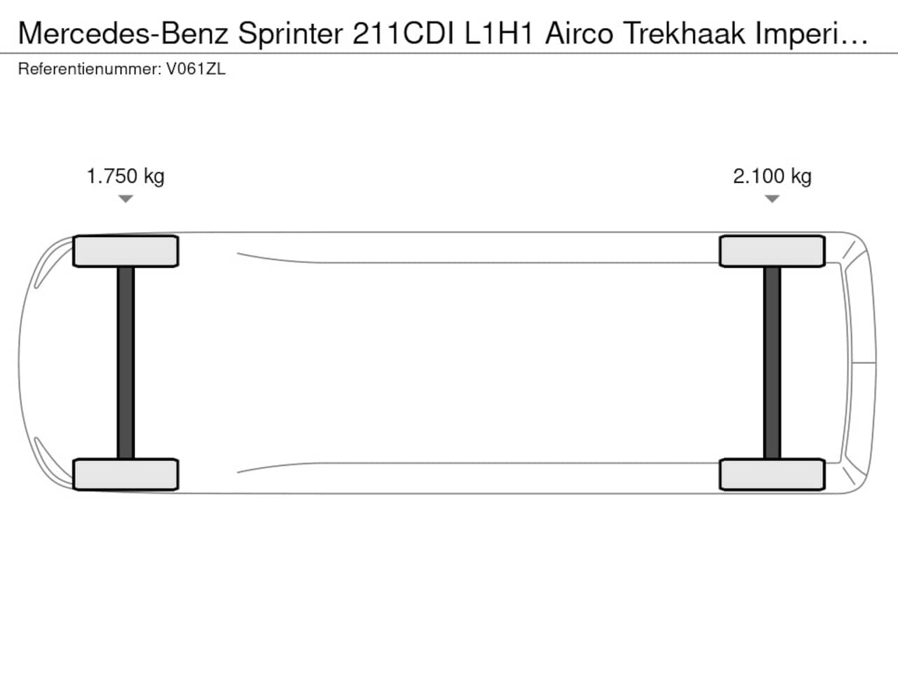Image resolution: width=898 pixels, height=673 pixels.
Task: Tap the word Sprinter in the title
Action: pos(290,34)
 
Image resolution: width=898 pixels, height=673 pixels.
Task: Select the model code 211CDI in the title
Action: pos(403,33)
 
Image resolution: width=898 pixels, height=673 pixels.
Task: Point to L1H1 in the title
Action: pos(499,33)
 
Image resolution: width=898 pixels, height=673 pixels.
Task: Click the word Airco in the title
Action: pos(579,33)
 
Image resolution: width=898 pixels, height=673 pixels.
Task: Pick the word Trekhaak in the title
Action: pos(685,33)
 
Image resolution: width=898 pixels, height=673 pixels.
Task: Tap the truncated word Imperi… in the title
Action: pos(812,34)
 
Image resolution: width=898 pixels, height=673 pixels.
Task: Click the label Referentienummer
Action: pos(90,69)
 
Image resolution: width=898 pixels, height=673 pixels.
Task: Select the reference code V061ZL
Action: pos(196,69)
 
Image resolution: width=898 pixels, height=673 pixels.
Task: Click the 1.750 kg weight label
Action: pos(126,177)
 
